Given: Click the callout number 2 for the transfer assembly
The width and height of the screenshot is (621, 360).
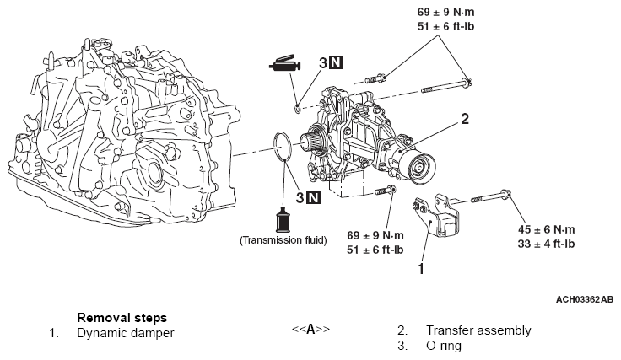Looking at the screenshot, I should pos(463,120).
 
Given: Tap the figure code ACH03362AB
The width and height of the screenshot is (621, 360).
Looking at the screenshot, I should pos(584,298).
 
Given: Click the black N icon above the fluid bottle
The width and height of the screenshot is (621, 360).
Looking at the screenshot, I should pos(313,198).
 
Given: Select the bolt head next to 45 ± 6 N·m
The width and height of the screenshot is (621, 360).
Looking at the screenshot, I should pos(505,196).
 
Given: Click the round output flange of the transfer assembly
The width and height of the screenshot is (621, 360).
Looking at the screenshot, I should pos(419,167).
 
